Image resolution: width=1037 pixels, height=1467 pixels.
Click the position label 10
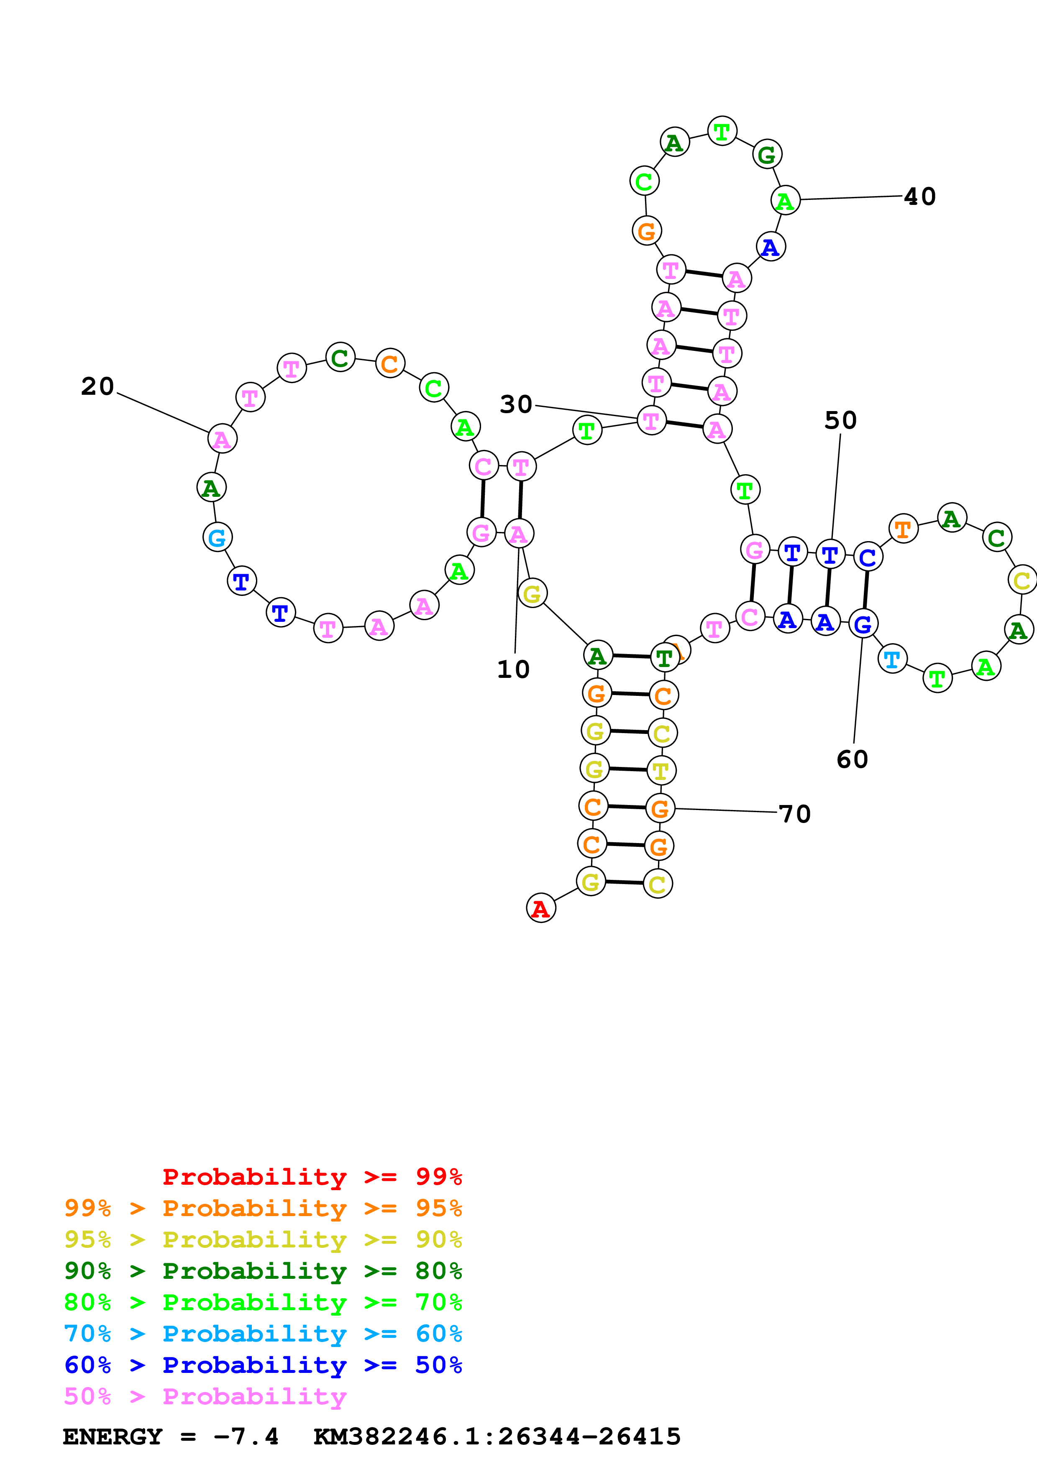[513, 670]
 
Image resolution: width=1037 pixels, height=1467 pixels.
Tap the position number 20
[97, 386]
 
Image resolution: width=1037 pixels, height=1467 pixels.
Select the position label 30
[516, 404]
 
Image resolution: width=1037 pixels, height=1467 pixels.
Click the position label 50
[840, 420]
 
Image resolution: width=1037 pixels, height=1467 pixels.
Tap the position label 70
[795, 814]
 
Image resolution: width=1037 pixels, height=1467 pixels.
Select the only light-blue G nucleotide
[217, 537]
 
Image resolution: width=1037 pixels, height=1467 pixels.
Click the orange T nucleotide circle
[903, 529]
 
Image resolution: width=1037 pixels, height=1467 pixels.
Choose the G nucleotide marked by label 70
[660, 808]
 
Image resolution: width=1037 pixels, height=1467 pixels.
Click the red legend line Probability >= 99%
[312, 1177]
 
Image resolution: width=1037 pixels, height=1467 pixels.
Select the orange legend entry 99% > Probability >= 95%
[263, 1208]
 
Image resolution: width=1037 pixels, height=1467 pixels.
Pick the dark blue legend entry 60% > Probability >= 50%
[263, 1365]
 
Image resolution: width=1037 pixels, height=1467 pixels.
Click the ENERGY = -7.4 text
[171, 1436]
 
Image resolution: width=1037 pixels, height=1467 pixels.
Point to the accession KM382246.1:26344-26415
[497, 1436]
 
